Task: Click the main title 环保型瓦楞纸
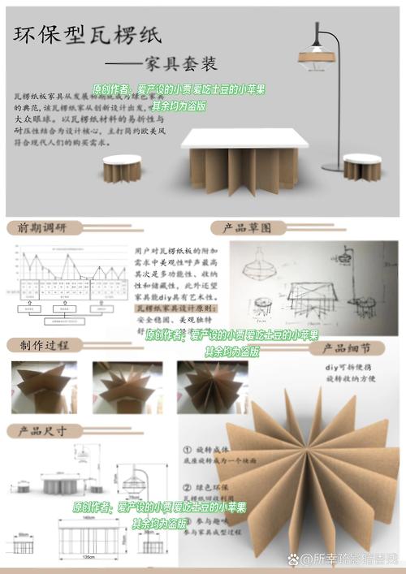[x=87, y=35]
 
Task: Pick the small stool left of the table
[x=122, y=168]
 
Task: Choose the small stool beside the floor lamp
[x=362, y=166]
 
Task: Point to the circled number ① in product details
[x=186, y=449]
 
